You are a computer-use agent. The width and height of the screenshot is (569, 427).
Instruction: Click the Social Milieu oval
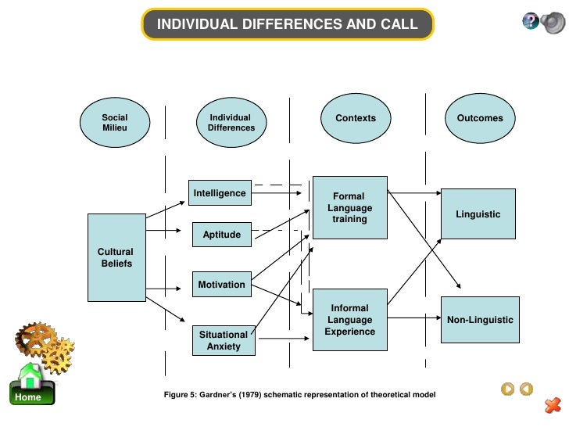pyautogui.click(x=115, y=122)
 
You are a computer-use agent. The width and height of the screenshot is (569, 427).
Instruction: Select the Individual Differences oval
pyautogui.click(x=231, y=122)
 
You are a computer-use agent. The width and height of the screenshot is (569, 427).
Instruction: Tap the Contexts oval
pyautogui.click(x=356, y=118)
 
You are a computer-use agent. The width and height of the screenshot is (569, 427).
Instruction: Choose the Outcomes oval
pyautogui.click(x=480, y=118)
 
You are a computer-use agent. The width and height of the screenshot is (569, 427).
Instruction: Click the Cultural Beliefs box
pyautogui.click(x=116, y=257)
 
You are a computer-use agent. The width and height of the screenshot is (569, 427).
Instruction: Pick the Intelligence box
pyautogui.click(x=220, y=193)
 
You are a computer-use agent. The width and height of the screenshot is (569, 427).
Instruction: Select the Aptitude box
pyautogui.click(x=222, y=235)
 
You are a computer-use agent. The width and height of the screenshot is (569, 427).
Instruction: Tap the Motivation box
pyautogui.click(x=221, y=285)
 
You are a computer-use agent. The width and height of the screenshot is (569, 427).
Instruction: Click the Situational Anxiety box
pyautogui.click(x=224, y=340)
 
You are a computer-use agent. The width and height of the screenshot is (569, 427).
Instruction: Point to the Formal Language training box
pyautogui.click(x=349, y=208)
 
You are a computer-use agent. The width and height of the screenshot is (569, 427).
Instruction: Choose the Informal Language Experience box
pyautogui.click(x=349, y=319)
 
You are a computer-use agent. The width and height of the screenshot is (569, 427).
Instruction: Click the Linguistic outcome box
pyautogui.click(x=478, y=213)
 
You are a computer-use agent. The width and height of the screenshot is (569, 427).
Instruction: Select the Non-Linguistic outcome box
pyautogui.click(x=480, y=320)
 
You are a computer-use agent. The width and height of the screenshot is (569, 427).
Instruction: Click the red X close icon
pyautogui.click(x=552, y=404)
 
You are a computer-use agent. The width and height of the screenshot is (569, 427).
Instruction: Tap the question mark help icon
pyautogui.click(x=530, y=22)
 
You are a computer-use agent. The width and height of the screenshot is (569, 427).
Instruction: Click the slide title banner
pyautogui.click(x=288, y=24)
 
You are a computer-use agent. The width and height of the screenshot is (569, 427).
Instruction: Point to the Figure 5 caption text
pyautogui.click(x=299, y=395)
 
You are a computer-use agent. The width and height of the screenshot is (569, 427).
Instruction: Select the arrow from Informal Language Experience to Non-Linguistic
pyautogui.click(x=414, y=318)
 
